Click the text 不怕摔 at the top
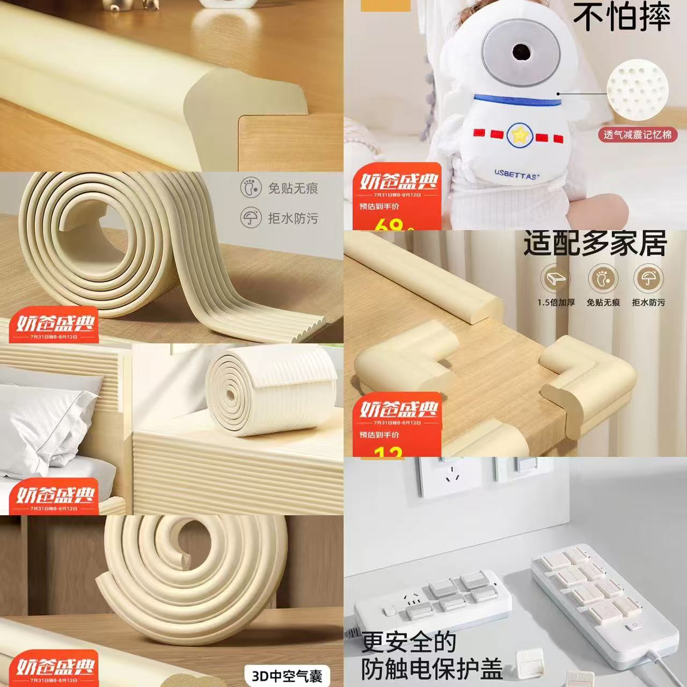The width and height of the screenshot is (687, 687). click(x=622, y=17)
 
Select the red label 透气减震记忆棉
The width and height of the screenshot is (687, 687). click(x=637, y=135)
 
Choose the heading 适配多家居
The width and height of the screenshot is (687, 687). click(x=595, y=244)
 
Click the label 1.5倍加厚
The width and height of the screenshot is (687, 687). click(x=556, y=303)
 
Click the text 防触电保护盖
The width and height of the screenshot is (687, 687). click(x=432, y=669)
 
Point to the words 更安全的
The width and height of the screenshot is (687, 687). click(x=408, y=642)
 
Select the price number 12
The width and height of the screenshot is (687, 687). click(x=389, y=452)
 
